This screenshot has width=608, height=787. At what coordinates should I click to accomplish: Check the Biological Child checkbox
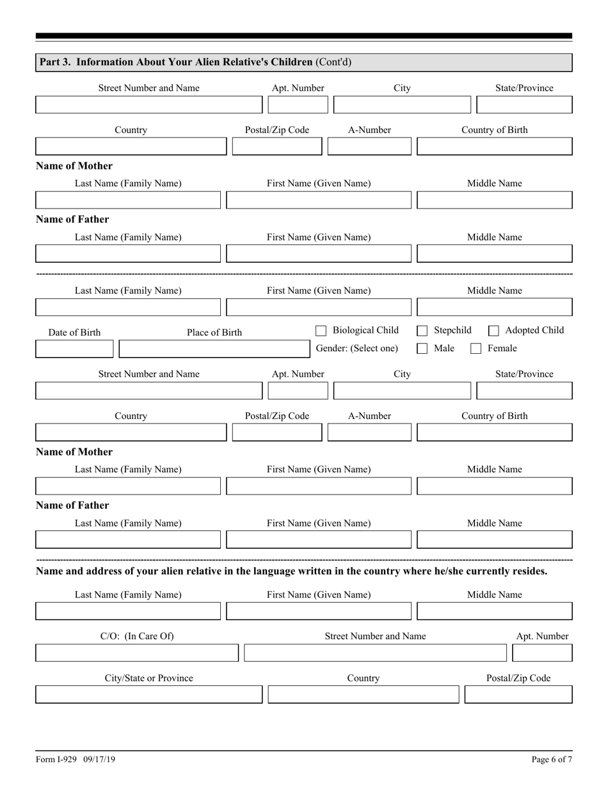pyautogui.click(x=321, y=331)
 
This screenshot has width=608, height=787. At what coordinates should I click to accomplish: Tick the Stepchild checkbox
pyautogui.click(x=422, y=331)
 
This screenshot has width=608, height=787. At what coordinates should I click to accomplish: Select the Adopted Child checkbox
pyautogui.click(x=493, y=331)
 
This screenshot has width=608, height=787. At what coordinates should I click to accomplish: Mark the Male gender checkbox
pyautogui.click(x=422, y=349)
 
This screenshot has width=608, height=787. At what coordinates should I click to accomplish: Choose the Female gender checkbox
pyautogui.click(x=476, y=349)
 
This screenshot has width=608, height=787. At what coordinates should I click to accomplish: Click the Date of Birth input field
pyautogui.click(x=74, y=349)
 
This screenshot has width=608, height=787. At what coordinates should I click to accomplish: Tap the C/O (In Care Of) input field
pyautogui.click(x=137, y=653)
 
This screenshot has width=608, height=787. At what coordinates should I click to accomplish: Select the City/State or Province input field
pyautogui.click(x=148, y=694)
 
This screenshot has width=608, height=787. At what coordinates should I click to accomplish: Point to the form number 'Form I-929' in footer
pyautogui.click(x=56, y=759)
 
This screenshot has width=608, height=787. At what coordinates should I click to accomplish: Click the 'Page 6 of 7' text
pyautogui.click(x=552, y=759)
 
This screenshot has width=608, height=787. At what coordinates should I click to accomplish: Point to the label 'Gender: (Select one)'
pyautogui.click(x=356, y=348)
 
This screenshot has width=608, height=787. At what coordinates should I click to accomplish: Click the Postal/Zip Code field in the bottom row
pyautogui.click(x=518, y=694)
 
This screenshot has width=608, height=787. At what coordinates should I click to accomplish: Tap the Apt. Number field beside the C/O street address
pyautogui.click(x=543, y=653)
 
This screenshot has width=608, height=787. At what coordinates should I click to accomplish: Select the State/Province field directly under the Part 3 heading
pyautogui.click(x=524, y=104)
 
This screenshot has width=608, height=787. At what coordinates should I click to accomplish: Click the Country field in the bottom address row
pyautogui.click(x=363, y=694)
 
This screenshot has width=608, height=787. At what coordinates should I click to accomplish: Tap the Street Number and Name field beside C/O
pyautogui.click(x=375, y=653)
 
